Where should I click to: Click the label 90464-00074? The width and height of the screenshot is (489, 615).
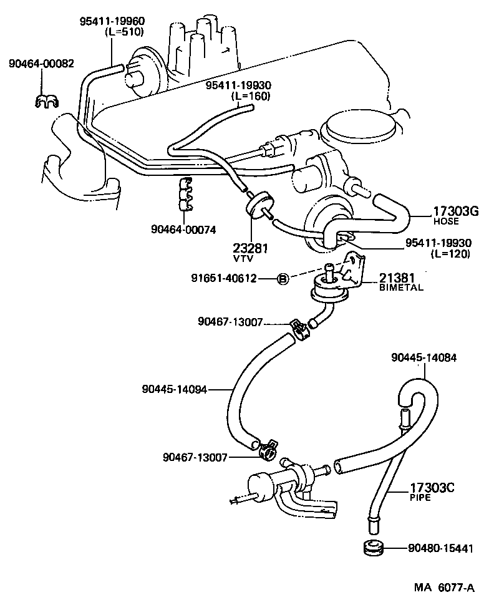pos(183,230)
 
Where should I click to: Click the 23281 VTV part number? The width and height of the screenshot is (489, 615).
pos(253,248)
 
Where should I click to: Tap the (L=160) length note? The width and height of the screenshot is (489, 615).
pos(251,96)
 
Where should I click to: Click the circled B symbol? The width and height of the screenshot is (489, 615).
pos(282,279)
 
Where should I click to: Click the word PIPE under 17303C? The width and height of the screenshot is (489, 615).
pos(419,499)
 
